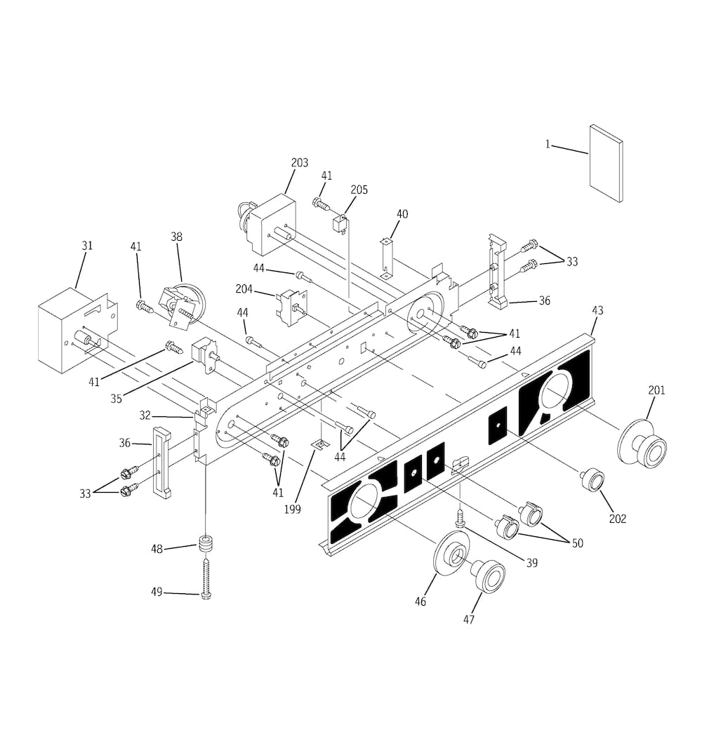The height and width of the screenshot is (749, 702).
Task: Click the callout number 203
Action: click(x=300, y=163)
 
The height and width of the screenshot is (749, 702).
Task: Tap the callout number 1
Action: click(x=548, y=145)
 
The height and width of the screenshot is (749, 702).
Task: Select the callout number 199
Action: click(x=292, y=510)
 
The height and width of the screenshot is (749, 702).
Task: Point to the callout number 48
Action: click(x=157, y=550)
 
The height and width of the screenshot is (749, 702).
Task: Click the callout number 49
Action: click(x=157, y=592)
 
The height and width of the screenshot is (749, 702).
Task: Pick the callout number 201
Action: click(x=656, y=390)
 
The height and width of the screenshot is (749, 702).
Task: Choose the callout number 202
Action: click(x=618, y=519)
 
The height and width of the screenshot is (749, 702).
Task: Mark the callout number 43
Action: click(x=597, y=310)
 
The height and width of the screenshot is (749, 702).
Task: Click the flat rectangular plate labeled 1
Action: click(x=606, y=164)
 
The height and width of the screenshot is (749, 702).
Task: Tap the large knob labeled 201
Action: click(x=643, y=443)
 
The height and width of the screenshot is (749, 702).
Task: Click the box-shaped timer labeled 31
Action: click(x=77, y=329)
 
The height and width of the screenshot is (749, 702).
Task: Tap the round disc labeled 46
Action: click(x=452, y=553)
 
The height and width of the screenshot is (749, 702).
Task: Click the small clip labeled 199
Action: click(x=319, y=445)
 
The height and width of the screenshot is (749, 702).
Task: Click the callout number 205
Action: click(x=359, y=190)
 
